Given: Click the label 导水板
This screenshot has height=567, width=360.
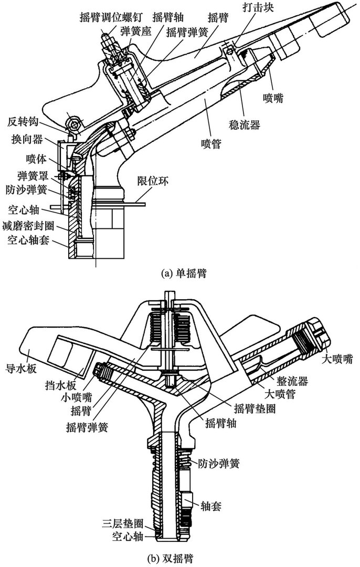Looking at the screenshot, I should point(22,369).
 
